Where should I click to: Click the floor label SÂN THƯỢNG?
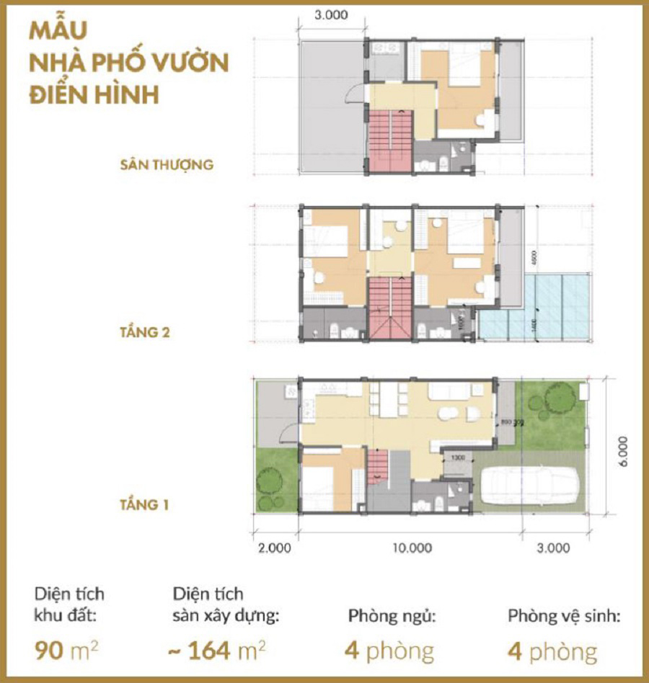[x=167, y=164]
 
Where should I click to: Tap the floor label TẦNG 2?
[x=144, y=333]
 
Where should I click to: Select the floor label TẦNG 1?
[x=144, y=504]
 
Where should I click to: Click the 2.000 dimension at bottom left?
[x=275, y=548]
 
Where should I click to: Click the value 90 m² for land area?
[x=66, y=651]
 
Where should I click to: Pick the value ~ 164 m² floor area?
[x=216, y=651]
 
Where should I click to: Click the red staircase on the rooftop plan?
[x=389, y=140]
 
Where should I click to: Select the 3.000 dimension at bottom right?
[x=554, y=548]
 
